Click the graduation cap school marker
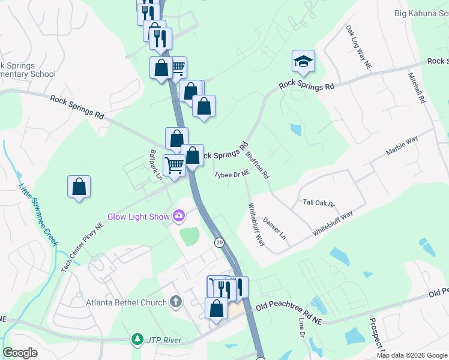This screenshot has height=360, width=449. tap(303, 61)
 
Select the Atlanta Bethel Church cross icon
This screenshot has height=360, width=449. tap(175, 302)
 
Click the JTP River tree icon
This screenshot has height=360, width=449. tap(138, 340)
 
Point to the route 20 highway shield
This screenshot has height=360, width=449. tap(220, 242)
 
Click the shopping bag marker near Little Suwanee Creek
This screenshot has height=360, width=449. tap(79, 187)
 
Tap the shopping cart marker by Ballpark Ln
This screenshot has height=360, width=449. tap(174, 164)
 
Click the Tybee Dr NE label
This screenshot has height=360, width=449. tap(232, 175)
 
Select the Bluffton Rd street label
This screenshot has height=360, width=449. tap(258, 164)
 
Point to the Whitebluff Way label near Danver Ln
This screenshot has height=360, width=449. tap(256, 224)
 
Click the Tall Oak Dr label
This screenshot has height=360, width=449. tap(318, 203)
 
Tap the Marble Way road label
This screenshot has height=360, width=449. tap(402, 146)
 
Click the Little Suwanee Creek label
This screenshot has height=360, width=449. tap(37, 214)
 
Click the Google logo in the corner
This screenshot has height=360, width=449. tap(20, 353)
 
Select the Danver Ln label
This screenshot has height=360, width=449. tap(274, 229)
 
